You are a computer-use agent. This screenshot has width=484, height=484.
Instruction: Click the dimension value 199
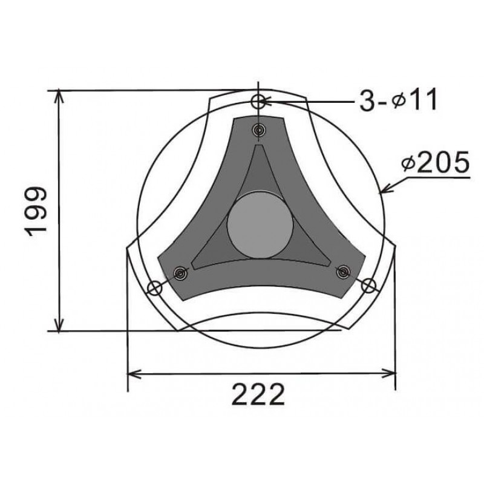tap(36, 211)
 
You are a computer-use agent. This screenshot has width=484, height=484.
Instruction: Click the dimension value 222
tap(258, 394)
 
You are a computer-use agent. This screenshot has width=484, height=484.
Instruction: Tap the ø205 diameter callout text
tap(435, 162)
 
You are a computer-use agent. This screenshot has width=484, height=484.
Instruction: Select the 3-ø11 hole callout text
tap(398, 99)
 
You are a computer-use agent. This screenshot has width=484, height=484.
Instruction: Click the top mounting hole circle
tap(258, 102)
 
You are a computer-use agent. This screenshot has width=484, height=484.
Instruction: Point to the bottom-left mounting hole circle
tap(154, 288)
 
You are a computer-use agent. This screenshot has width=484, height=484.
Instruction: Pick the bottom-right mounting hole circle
tap(368, 285)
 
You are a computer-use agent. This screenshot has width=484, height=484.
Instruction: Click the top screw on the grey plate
tap(259, 130)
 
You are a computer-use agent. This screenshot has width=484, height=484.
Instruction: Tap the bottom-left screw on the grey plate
tap(180, 273)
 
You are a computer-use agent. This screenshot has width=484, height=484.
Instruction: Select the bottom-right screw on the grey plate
tap(343, 272)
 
